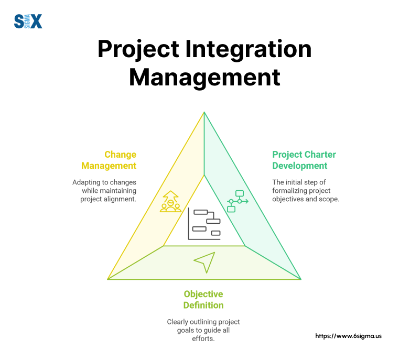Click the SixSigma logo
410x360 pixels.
28,21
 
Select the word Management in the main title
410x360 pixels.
204,78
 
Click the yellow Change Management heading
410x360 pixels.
109,160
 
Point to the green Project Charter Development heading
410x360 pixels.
304,160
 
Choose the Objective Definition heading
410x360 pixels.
203,300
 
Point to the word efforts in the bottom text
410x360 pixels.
203,339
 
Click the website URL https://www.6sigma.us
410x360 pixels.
348,336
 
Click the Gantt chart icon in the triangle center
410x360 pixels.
204,224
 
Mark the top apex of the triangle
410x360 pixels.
204,112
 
